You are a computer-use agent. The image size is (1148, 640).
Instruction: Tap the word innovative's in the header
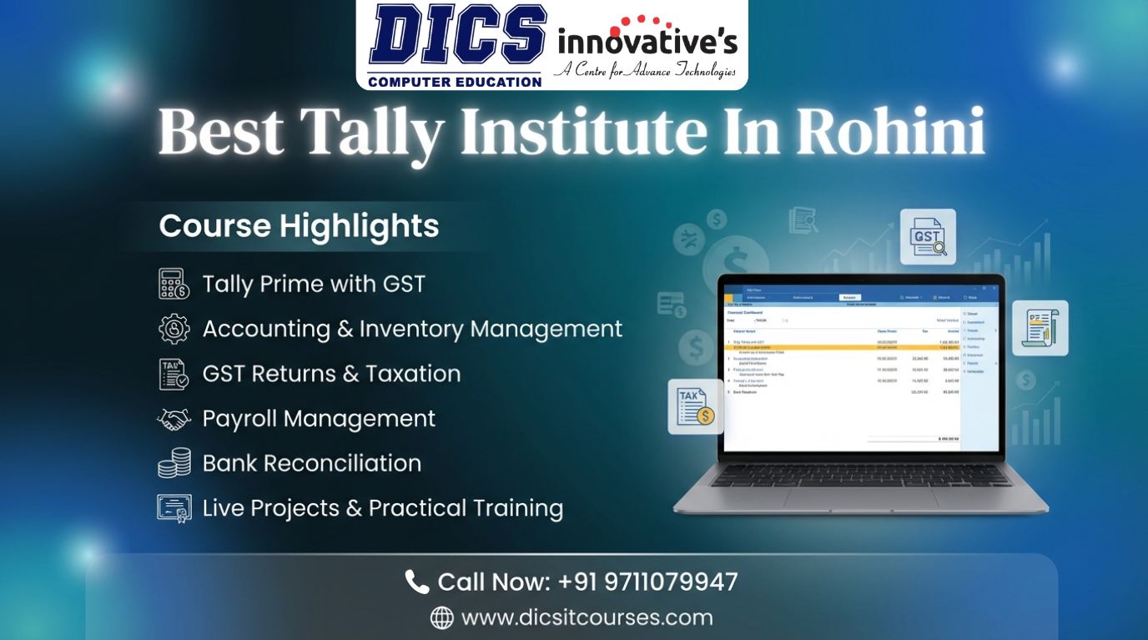coord(647,42)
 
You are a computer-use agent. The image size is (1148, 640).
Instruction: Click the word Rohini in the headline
coord(890,132)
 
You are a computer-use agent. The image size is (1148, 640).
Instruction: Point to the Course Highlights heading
coord(299,226)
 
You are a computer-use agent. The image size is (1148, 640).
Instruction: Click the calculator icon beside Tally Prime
coord(174,284)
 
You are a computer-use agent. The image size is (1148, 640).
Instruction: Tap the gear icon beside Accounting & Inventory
coord(174,329)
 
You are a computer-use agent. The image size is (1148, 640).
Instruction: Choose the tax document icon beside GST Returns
coord(174,374)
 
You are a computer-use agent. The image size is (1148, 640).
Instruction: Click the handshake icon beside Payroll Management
coord(174,419)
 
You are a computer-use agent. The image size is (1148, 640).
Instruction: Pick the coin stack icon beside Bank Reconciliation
coord(174,463)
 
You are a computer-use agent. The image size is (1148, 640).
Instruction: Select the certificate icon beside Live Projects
coord(174,508)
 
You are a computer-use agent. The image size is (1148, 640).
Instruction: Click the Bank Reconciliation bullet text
coord(311,463)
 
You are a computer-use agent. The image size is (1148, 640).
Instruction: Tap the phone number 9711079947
coord(647,582)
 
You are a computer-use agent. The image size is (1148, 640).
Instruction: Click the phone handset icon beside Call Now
coord(416,582)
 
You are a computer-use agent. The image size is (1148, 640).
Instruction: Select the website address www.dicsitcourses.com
coord(587,617)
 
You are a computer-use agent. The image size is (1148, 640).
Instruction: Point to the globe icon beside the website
coord(441,618)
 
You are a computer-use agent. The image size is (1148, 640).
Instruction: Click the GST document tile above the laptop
coord(927,237)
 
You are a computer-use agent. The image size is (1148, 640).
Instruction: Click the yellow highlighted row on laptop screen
coord(843,347)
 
